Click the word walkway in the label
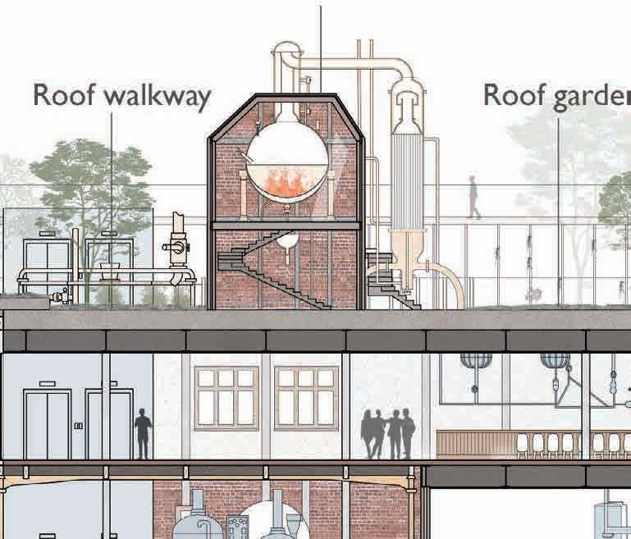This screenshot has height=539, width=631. [158, 97]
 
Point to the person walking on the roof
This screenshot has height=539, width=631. [474, 197]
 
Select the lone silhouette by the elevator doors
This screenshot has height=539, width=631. [143, 433]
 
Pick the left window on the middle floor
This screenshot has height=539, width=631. [226, 397]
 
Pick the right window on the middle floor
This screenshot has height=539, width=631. [306, 397]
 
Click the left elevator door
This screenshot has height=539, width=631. [47, 424]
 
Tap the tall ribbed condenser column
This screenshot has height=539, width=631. [407, 180]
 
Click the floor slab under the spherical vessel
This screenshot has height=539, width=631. [286, 224]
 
